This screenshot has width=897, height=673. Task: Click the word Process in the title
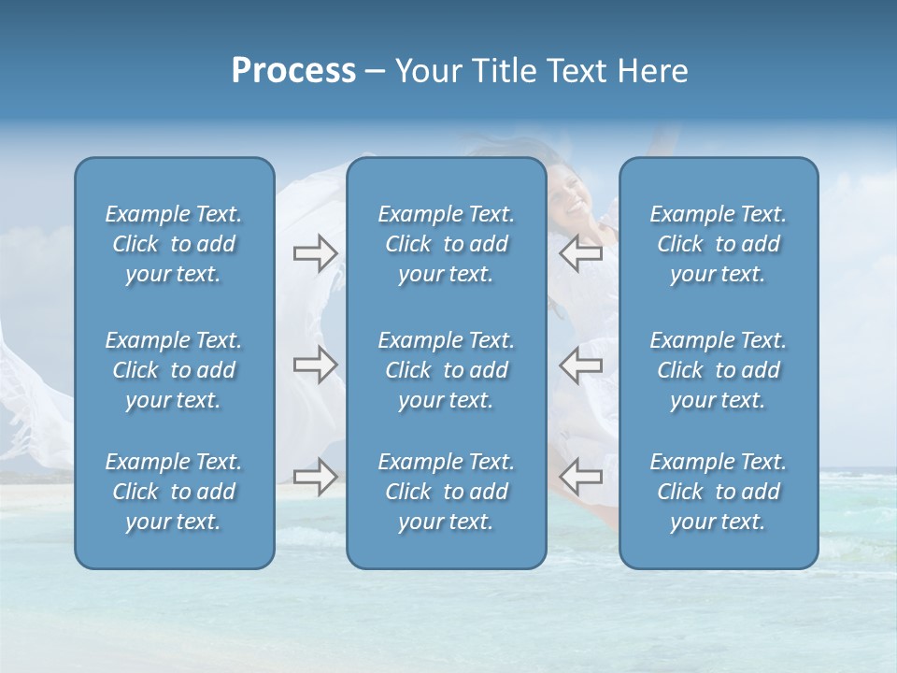click(x=293, y=71)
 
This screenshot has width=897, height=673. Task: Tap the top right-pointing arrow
click(x=315, y=253)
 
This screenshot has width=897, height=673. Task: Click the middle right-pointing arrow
click(x=315, y=365)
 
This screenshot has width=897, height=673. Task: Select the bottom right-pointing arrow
click(x=315, y=477)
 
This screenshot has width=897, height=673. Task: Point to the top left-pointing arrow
click(x=580, y=253)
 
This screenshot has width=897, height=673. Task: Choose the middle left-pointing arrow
click(x=580, y=365)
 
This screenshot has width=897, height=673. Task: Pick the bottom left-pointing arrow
click(x=580, y=477)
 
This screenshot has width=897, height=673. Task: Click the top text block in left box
click(x=174, y=244)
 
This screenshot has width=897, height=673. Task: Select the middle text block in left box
click(x=174, y=370)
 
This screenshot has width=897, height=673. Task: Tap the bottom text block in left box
click(x=174, y=492)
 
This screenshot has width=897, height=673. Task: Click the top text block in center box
click(x=446, y=244)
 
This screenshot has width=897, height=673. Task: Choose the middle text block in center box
click(x=446, y=370)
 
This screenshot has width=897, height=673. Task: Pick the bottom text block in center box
click(x=446, y=492)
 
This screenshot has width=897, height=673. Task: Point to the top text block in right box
click(x=718, y=244)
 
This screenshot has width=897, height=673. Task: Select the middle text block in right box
click(x=718, y=370)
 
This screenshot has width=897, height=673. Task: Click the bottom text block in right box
click(x=718, y=492)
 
